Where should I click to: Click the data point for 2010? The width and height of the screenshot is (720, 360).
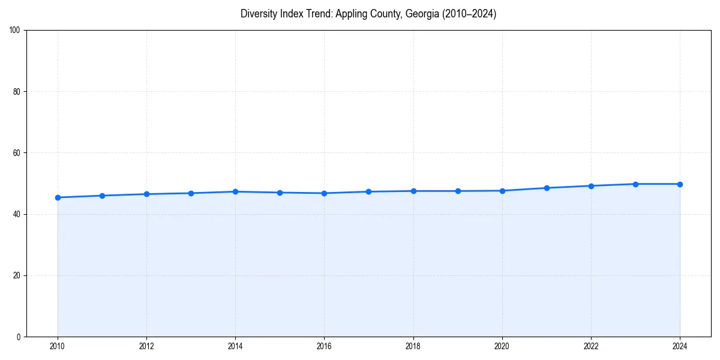pyautogui.click(x=58, y=197)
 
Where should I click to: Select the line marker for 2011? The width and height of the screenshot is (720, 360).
pyautogui.click(x=102, y=196)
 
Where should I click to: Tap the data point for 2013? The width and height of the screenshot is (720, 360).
pyautogui.click(x=191, y=193)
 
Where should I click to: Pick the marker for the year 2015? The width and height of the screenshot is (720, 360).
pyautogui.click(x=280, y=193)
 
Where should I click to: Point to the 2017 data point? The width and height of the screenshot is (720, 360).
pyautogui.click(x=368, y=191)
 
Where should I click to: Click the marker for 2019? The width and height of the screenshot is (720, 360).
pyautogui.click(x=458, y=191)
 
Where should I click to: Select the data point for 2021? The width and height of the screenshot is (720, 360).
pyautogui.click(x=547, y=188)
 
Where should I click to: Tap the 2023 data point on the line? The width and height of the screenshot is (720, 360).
pyautogui.click(x=635, y=184)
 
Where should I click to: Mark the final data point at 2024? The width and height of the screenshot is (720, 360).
pyautogui.click(x=680, y=184)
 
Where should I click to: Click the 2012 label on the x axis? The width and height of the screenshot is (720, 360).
pyautogui.click(x=146, y=346)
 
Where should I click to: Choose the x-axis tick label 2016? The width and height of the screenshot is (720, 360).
pyautogui.click(x=324, y=346)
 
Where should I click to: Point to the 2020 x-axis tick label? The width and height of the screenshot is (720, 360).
pyautogui.click(x=502, y=346)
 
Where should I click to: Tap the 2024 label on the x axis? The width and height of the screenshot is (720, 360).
pyautogui.click(x=680, y=346)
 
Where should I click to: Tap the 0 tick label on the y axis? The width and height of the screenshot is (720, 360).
pyautogui.click(x=19, y=337)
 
